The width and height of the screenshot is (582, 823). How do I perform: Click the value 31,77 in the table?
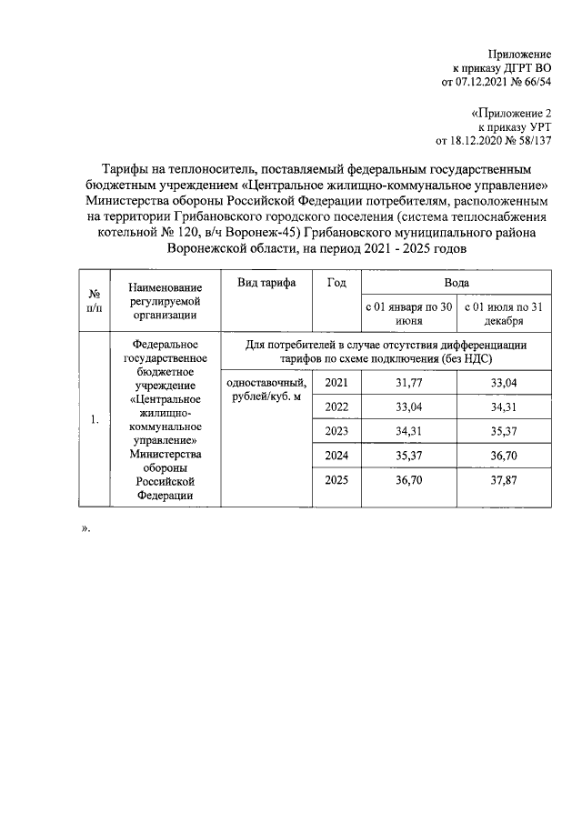coord(406,383)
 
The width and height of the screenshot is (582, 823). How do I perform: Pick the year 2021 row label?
coord(336,383)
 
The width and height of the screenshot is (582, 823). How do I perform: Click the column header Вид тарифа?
coord(266,283)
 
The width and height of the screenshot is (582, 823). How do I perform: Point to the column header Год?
coord(336,283)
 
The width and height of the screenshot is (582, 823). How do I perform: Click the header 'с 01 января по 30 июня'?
coord(407,314)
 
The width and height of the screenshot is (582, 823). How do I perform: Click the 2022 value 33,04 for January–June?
coord(406,407)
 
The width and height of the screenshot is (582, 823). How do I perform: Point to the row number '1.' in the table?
coord(95,418)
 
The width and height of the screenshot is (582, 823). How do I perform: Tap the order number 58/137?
coord(533,141)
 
